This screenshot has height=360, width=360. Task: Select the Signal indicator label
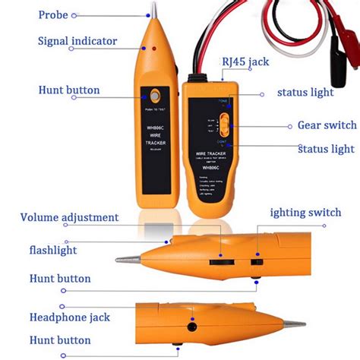click(77, 40)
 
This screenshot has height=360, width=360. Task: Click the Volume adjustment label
click(69, 218)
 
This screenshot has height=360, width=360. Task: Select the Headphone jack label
click(69, 317)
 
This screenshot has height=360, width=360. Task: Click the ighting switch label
click(310, 213)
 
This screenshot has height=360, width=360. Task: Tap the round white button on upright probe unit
click(156, 97)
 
